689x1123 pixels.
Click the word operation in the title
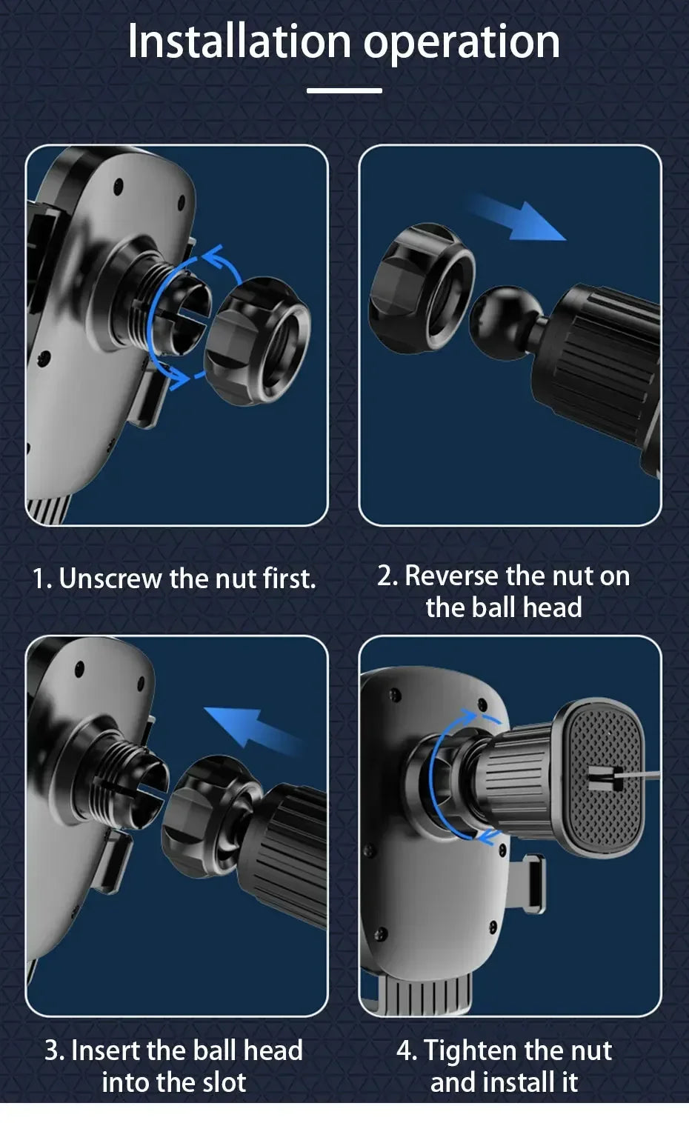point(461,43)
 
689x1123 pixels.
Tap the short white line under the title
point(344,91)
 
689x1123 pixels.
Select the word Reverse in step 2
point(452,576)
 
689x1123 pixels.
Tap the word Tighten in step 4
point(471,1050)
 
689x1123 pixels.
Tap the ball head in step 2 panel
point(500,315)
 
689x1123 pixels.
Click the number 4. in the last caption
point(406,1050)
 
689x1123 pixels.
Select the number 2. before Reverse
point(387,576)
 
